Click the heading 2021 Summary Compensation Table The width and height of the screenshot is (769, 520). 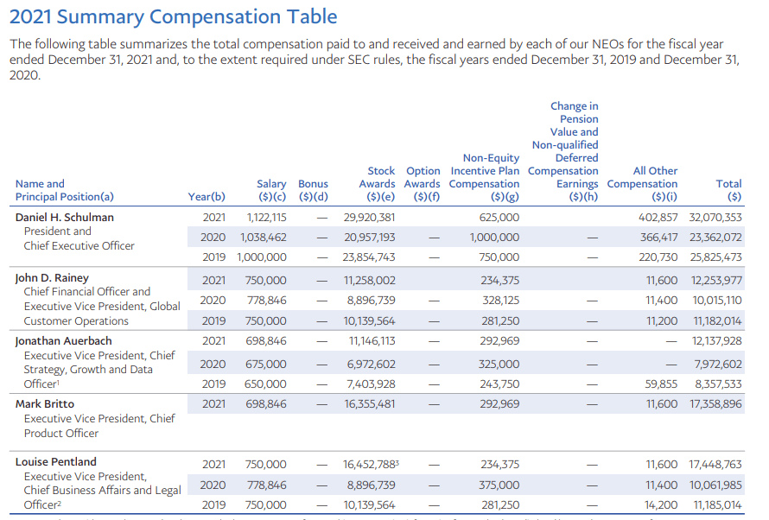[x=173, y=16]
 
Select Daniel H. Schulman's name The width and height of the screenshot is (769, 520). [x=65, y=217]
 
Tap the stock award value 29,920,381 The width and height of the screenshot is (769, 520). [x=369, y=218]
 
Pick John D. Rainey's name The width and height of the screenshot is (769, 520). [x=53, y=278]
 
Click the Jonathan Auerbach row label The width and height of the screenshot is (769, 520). [x=64, y=341]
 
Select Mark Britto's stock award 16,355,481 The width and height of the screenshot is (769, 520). [x=369, y=404]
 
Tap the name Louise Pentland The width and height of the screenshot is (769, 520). [x=56, y=461]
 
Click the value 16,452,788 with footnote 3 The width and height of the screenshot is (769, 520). [x=369, y=465]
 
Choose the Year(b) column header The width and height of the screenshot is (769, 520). [x=207, y=197]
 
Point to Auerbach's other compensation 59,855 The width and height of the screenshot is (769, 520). [x=661, y=384]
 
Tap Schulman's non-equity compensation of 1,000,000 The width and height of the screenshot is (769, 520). [x=494, y=238]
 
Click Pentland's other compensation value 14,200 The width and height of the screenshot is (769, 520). [x=663, y=505]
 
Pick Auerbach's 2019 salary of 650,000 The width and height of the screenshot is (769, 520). [x=266, y=384]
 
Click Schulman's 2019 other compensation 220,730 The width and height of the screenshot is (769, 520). [x=654, y=257]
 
